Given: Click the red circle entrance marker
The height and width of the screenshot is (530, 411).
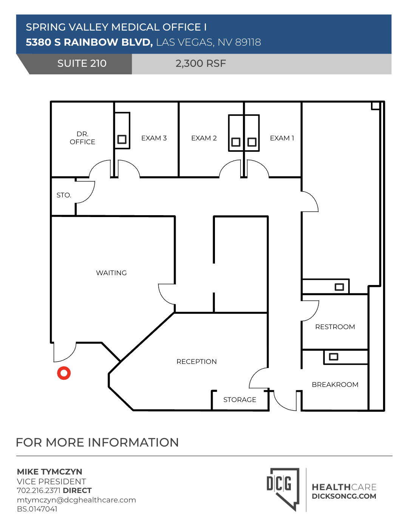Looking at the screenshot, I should click(x=64, y=373).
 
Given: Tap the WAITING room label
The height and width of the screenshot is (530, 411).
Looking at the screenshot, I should click(x=111, y=273).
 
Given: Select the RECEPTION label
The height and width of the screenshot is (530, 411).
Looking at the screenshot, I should click(x=196, y=362).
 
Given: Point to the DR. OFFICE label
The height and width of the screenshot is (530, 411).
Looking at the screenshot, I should click(x=82, y=138).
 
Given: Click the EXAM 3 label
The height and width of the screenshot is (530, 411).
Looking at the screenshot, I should click(x=154, y=138).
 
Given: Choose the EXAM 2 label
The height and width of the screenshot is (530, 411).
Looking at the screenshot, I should click(x=204, y=138).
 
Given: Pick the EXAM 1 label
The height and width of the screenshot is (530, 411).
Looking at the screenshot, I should click(x=282, y=138).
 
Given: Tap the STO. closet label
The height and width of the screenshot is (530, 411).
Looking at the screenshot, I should click(x=64, y=195).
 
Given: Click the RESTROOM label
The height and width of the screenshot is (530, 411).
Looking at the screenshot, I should click(x=335, y=327).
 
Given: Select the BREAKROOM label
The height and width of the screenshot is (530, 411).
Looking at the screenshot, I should click(x=335, y=385).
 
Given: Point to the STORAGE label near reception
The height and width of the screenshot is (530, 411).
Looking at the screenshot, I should click(x=239, y=400).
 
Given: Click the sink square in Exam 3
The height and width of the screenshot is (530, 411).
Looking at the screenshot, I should click(x=122, y=139).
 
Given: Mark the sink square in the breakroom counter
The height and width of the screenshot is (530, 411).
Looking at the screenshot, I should click(x=334, y=357).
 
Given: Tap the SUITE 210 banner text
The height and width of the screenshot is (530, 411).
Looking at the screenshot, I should click(x=82, y=63).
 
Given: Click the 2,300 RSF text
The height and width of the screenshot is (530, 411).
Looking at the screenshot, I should click(x=201, y=63).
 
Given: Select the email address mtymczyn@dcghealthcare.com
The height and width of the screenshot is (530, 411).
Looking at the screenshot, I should click(x=76, y=500).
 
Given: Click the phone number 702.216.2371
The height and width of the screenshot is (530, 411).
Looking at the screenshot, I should click(x=39, y=490).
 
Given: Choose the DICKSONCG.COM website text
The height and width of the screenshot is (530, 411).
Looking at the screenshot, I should click(x=344, y=496).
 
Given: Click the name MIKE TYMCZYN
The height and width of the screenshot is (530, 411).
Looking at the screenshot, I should click(x=49, y=472).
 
